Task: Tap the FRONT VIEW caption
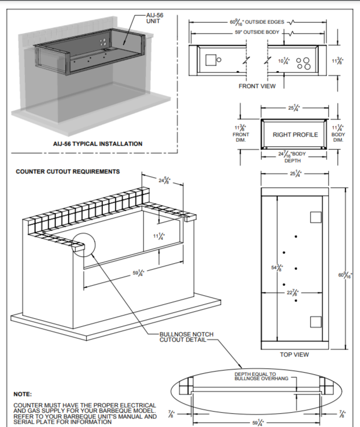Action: (257, 86)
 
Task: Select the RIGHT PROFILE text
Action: (295, 135)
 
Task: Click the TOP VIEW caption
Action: (294, 354)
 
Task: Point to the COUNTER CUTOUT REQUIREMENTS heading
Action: (68, 172)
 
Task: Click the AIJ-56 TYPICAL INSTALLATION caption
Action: (97, 144)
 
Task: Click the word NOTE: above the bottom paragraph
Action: (22, 394)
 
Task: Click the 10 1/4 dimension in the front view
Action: (284, 61)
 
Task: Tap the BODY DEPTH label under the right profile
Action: (293, 157)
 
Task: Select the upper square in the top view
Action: (316, 217)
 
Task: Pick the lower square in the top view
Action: (316, 322)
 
